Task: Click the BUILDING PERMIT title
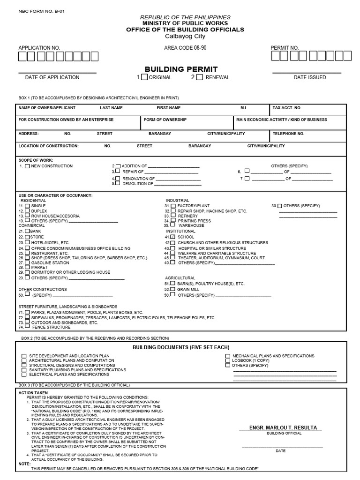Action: pyautogui.click(x=181, y=69)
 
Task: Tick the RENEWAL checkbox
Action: pyautogui.click(x=200, y=77)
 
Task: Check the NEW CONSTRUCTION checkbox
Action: pyautogui.click(x=28, y=166)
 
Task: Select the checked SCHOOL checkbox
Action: pyautogui.click(x=173, y=237)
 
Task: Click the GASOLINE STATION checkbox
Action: pyautogui.click(x=28, y=263)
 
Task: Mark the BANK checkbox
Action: pyautogui.click(x=27, y=231)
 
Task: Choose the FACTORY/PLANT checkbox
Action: pyautogui.click(x=173, y=206)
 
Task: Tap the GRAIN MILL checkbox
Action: pyautogui.click(x=173, y=290)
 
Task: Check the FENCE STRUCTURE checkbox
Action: pyautogui.click(x=28, y=327)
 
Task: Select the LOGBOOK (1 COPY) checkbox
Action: pyautogui.click(x=228, y=360)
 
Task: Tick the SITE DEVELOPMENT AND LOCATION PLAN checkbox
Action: pyautogui.click(x=24, y=356)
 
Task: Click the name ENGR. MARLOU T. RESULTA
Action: pyautogui.click(x=279, y=427)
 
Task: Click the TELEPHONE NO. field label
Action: pyautogui.click(x=288, y=134)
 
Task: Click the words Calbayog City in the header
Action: pyautogui.click(x=182, y=36)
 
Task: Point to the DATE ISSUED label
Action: pyautogui.click(x=310, y=77)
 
